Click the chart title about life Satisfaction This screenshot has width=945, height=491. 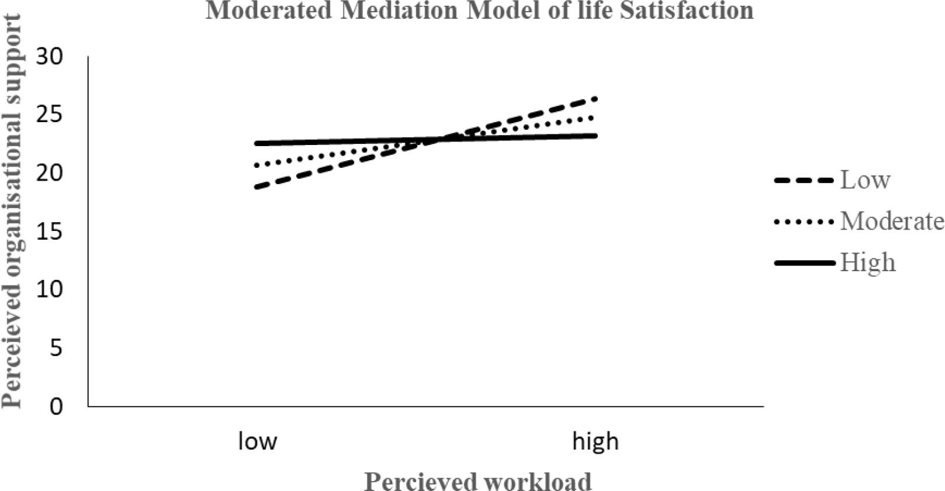(x=479, y=11)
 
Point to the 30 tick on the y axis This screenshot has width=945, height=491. (x=50, y=57)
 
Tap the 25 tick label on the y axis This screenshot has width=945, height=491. (x=50, y=115)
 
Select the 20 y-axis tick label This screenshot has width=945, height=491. (x=50, y=173)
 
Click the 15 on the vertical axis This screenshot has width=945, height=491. (x=50, y=231)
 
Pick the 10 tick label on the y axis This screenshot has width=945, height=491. (x=50, y=289)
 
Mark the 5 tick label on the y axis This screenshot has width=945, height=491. (x=56, y=348)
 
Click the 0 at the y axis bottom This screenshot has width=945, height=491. (x=56, y=406)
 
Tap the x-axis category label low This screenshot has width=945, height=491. (x=257, y=441)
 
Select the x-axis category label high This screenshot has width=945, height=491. (x=595, y=441)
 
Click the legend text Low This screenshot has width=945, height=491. (x=865, y=179)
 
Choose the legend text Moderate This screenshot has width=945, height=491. (x=892, y=221)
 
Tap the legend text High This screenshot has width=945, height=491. (x=867, y=262)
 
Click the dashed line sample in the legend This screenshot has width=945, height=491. (x=804, y=181)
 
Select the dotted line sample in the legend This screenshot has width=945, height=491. (x=804, y=222)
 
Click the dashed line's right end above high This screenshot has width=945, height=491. (x=595, y=99)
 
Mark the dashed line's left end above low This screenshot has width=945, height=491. (x=257, y=187)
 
